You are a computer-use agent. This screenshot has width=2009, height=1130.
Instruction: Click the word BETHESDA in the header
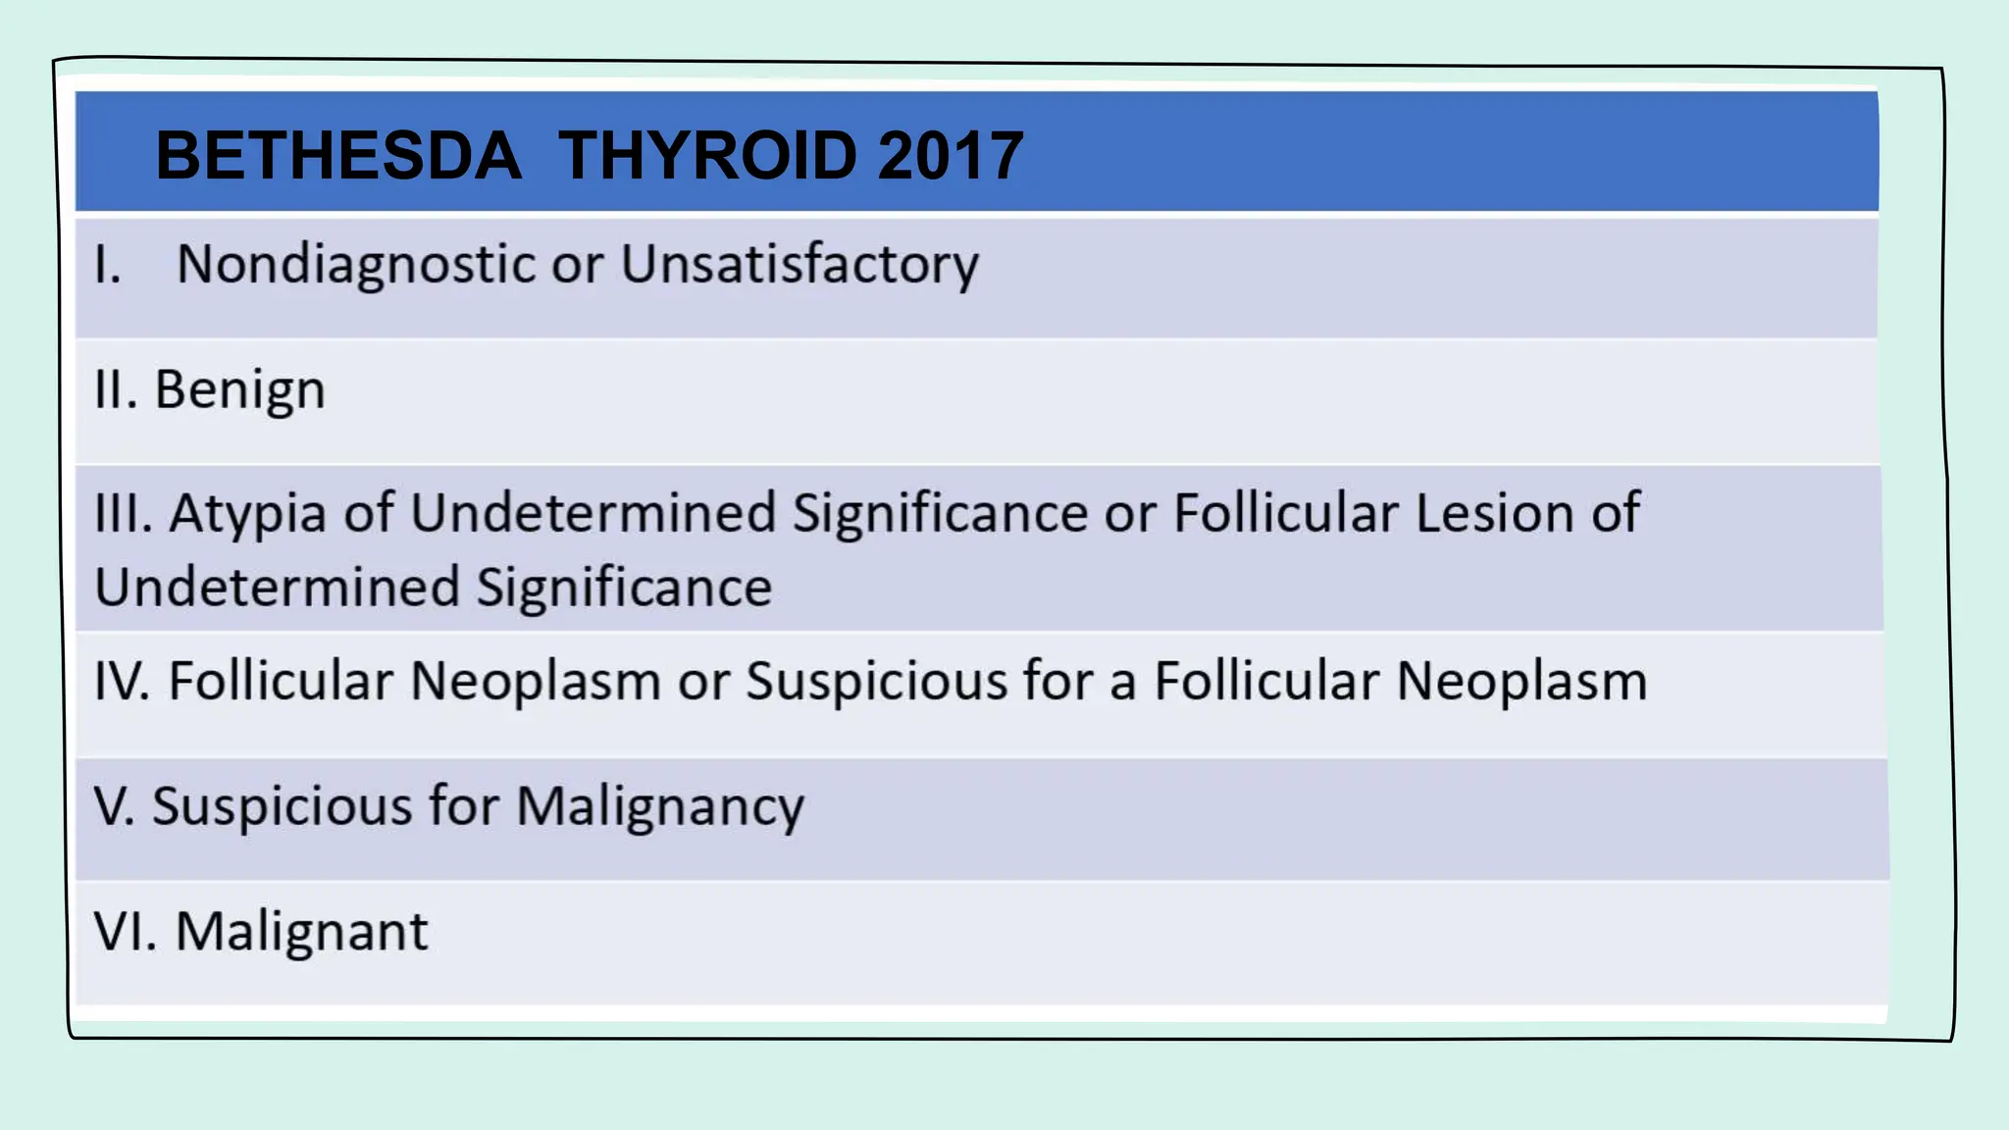pos(338,156)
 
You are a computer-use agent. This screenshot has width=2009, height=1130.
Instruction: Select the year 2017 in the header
pos(951,156)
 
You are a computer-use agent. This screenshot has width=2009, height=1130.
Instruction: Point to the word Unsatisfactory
pos(799,265)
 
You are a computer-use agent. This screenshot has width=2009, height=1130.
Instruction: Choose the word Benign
pos(240,390)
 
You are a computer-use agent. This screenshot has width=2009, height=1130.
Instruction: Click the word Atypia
pos(247,513)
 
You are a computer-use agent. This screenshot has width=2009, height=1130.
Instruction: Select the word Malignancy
pos(660,807)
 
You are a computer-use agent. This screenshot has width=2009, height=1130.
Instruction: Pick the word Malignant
pos(301,931)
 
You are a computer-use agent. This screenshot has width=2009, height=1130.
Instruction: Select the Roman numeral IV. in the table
pos(123,681)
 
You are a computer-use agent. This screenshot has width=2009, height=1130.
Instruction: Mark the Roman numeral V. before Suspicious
pos(114,806)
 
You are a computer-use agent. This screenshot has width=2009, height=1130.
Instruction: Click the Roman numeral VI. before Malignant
pos(126,931)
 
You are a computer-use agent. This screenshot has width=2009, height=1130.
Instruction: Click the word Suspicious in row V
pos(283,806)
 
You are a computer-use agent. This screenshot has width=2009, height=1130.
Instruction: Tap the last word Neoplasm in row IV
pos(1521,681)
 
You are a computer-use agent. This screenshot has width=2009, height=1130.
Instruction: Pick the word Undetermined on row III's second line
pos(277,588)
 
